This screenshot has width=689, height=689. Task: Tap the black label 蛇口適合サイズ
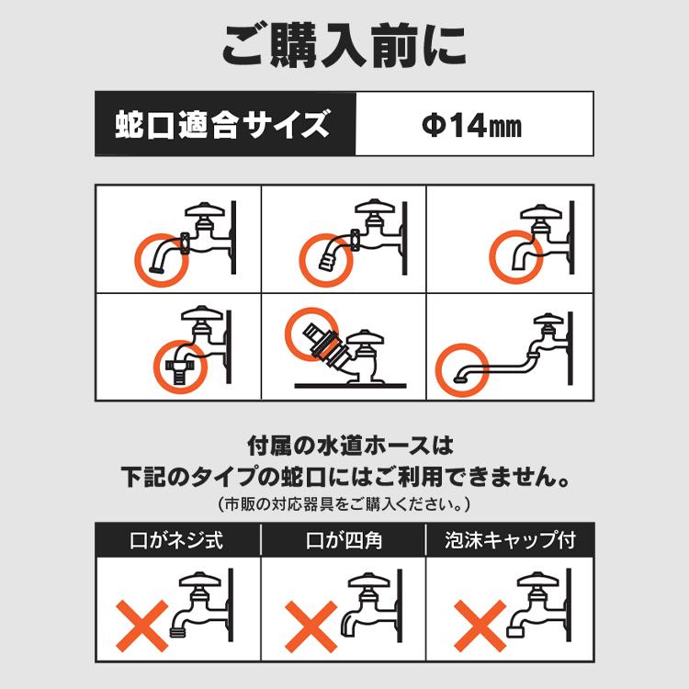coord(224,123)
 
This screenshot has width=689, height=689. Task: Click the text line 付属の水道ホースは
coord(344,447)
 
